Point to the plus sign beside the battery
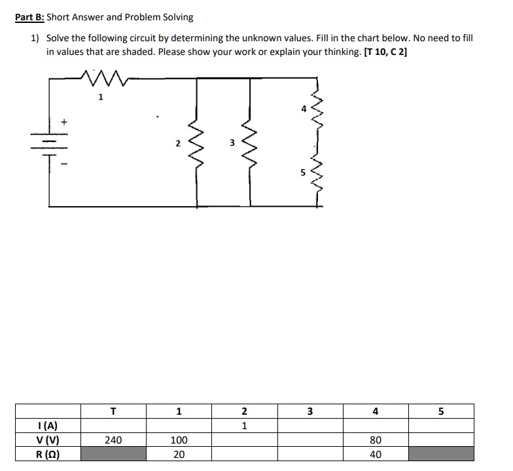64,122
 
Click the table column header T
113,411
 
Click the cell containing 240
113,440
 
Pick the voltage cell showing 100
179,440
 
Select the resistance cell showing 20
179,455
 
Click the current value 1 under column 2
244,426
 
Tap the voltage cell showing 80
375,440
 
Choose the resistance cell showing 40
375,455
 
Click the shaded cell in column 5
440,455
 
